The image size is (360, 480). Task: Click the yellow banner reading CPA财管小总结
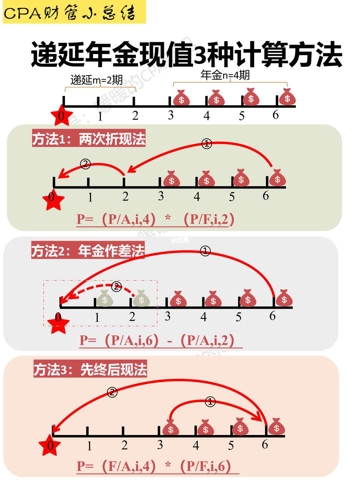[74, 12]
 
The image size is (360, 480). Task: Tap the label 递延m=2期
[97, 80]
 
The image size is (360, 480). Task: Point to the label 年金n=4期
[225, 75]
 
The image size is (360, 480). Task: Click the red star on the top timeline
[61, 115]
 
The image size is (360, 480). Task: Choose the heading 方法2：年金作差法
[88, 251]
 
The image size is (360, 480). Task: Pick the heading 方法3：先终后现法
[90, 370]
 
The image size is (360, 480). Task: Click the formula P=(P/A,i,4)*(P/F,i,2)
[156, 219]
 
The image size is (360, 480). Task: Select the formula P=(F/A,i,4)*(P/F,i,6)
[154, 466]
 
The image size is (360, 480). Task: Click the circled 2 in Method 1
[85, 164]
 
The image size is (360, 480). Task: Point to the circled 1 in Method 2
[205, 251]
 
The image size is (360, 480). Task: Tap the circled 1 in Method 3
[210, 402]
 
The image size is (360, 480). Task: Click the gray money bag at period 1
[105, 299]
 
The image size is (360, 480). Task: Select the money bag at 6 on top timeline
[287, 97]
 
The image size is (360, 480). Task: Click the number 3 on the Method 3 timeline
[160, 445]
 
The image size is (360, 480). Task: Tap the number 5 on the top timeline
[242, 116]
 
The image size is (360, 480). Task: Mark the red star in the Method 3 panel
[50, 445]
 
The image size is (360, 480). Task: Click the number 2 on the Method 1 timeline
[125, 196]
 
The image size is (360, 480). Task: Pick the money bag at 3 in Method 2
[178, 299]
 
